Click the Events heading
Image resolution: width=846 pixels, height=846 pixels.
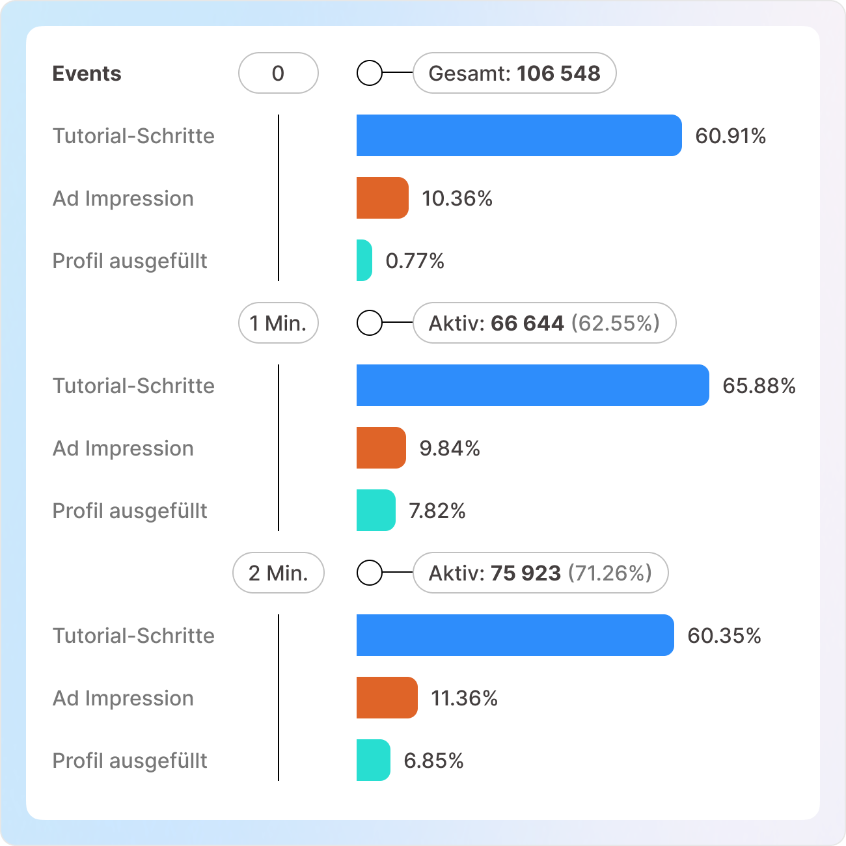click(87, 74)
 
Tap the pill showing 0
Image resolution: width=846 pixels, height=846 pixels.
click(278, 73)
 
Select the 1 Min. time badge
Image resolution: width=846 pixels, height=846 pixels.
click(278, 323)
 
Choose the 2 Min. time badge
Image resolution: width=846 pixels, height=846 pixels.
click(278, 573)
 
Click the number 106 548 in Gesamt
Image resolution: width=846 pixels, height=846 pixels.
click(558, 73)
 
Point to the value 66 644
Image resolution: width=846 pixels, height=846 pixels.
click(527, 323)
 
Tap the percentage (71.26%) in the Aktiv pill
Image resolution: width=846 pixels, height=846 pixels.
click(610, 573)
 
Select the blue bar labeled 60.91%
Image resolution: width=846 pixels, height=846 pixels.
click(519, 135)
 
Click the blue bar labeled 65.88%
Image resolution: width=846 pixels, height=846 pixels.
click(532, 385)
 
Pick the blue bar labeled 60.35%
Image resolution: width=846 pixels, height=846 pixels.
click(515, 635)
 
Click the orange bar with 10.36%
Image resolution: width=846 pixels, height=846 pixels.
click(382, 198)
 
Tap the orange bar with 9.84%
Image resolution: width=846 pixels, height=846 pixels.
click(381, 448)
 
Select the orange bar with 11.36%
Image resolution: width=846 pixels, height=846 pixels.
click(387, 698)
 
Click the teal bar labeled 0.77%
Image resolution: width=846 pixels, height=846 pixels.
click(364, 260)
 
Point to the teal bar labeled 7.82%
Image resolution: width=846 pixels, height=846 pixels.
click(375, 510)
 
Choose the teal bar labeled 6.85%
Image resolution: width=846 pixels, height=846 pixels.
click(373, 760)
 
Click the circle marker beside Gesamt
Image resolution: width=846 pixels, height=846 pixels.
click(370, 73)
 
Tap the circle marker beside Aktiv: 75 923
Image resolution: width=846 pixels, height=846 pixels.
click(370, 573)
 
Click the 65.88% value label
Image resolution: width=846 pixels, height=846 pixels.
click(759, 385)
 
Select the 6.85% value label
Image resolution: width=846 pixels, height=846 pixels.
click(433, 760)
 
